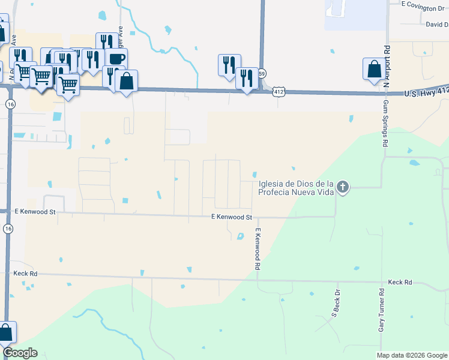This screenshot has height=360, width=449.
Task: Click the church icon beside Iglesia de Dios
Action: pos(342,187)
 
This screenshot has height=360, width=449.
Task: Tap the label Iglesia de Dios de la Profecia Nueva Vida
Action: pos(295,188)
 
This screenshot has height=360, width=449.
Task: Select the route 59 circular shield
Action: pos(262,73)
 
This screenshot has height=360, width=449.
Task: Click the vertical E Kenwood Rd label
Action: pos(258,248)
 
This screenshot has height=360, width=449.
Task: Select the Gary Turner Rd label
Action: pos(381,310)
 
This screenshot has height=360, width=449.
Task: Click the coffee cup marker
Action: pos(116,59)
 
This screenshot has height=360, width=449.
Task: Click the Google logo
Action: pos(20,353)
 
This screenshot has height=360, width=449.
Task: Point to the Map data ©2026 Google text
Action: pos(412,355)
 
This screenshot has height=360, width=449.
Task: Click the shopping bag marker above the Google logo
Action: pos(5,332)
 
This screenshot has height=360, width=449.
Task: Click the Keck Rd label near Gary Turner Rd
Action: pos(400,281)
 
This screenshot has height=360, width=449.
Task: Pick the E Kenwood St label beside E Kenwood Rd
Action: pos(231,217)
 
